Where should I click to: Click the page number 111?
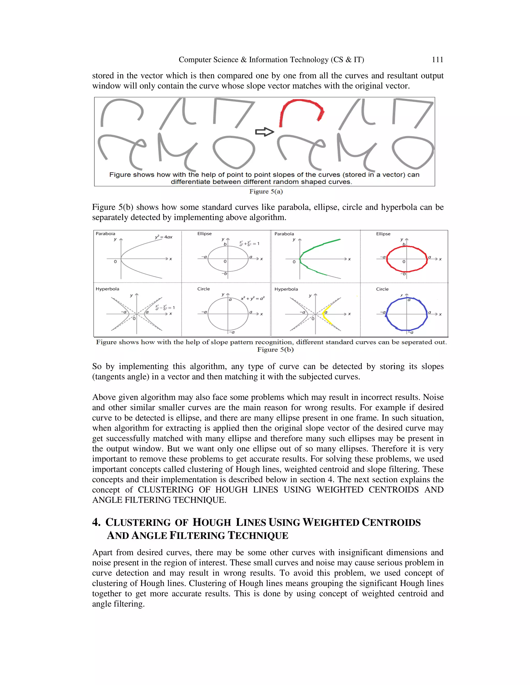coord(437,60)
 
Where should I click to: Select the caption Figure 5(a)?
coord(266,191)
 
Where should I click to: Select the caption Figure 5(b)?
coord(275,349)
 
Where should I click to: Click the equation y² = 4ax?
coord(164,237)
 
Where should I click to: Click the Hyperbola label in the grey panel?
coord(107,289)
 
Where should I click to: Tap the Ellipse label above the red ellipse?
coord(383,234)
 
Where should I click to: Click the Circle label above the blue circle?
coord(382,289)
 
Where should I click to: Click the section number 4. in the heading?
coord(96,522)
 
